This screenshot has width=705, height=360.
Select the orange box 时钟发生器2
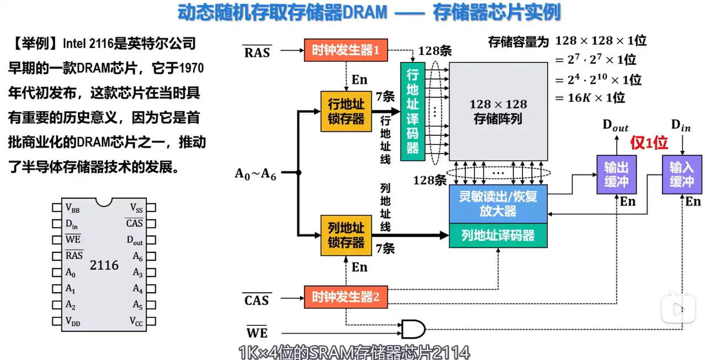346,297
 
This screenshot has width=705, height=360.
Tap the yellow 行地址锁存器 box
346,111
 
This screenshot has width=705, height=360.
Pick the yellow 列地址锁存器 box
346,236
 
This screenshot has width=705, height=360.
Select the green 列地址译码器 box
498,236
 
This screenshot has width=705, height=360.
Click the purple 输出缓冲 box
613,174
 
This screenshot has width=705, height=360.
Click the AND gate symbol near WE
412,329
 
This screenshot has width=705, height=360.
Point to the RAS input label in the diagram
257,52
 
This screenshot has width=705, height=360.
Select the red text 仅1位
649,144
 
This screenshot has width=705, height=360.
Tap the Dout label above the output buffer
615,125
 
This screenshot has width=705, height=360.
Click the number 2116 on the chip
104,265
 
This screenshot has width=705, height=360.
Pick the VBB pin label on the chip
72,208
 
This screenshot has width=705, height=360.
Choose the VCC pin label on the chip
136,321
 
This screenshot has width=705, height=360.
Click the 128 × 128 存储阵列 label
498,111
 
